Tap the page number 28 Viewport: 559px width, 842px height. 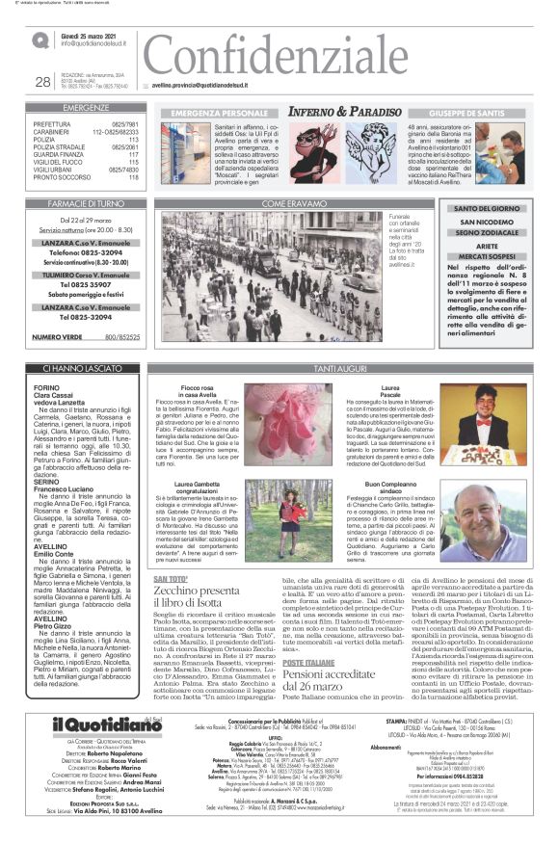point(42,82)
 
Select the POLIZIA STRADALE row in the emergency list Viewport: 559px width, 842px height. point(86,145)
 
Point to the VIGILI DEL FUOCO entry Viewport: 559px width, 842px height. point(86,162)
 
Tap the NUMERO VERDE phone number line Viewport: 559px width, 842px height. point(86,337)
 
